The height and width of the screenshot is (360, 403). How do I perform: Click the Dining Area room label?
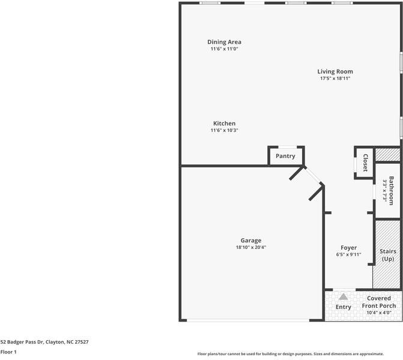[x=224, y=42]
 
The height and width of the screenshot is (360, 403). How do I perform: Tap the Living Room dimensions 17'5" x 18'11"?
[x=335, y=79]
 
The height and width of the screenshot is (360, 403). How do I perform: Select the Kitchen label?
[x=224, y=124]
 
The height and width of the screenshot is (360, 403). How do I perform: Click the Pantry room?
[x=285, y=156]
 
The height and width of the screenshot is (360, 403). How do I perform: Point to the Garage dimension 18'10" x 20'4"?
[x=250, y=247]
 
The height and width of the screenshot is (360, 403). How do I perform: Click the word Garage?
[x=250, y=240]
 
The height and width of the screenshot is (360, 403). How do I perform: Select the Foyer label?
[x=348, y=247]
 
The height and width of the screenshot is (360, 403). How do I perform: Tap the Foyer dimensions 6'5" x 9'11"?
[x=348, y=254]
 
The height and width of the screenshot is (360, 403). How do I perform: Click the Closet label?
[x=365, y=163]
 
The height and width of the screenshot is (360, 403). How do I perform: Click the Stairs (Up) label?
[x=387, y=255]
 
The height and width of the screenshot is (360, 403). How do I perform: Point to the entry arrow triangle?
[x=343, y=296]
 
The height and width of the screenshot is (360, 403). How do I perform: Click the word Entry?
[x=343, y=307]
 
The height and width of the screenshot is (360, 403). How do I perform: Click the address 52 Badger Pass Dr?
[x=44, y=341]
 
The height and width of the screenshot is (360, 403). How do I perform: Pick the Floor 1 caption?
[x=8, y=352]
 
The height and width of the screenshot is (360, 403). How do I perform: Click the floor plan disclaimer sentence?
[x=299, y=353]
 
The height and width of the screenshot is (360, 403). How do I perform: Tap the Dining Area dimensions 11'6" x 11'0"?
[x=224, y=49]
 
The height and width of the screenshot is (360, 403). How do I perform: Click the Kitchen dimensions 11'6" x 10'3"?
[x=224, y=131]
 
